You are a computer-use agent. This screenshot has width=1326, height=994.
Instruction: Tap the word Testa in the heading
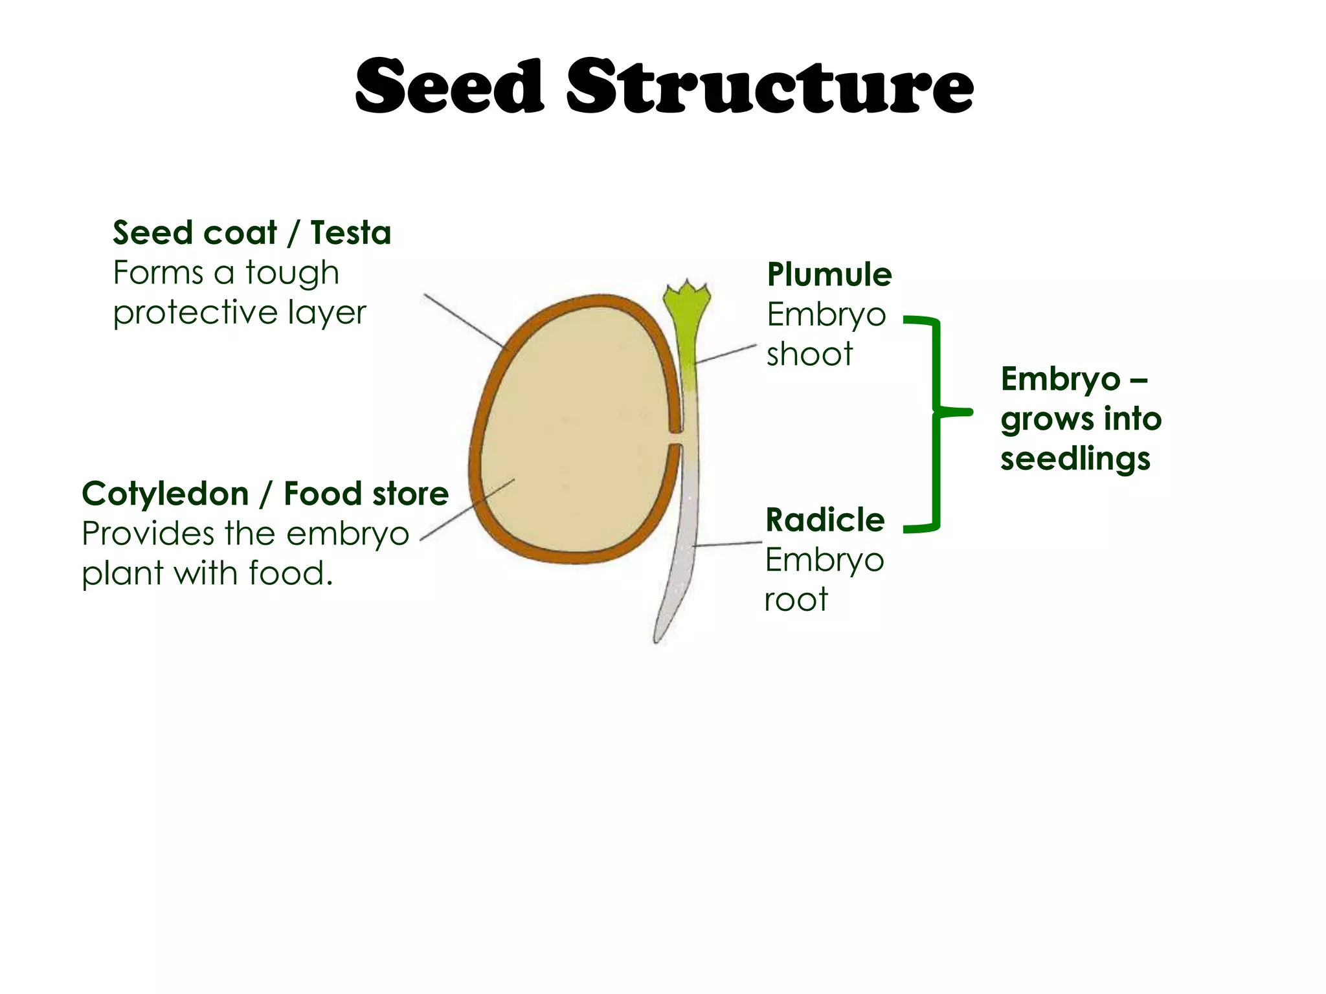350,233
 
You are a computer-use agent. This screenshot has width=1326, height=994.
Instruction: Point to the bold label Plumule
829,274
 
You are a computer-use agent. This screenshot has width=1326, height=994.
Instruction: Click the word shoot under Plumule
809,355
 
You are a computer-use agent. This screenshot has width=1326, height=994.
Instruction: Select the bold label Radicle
825,520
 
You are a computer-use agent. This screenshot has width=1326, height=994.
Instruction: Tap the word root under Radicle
796,600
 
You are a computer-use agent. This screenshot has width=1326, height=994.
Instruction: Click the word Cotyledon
165,494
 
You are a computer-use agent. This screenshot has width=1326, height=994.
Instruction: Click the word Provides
148,535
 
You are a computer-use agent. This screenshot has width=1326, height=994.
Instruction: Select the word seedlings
1075,459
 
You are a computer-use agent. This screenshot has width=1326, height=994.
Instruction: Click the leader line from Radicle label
726,544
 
